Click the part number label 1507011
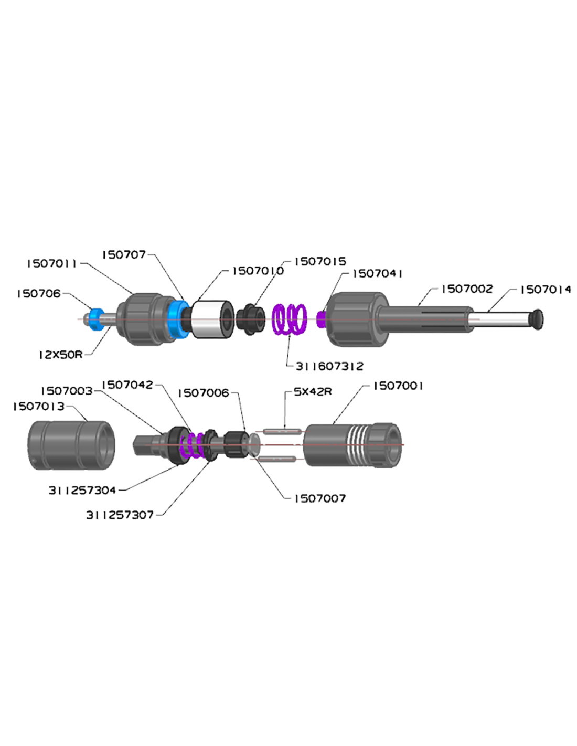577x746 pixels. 52,263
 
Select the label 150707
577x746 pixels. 124,255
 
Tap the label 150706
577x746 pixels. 39,293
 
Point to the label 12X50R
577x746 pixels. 60,355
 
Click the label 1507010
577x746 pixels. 258,271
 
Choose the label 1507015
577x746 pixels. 320,261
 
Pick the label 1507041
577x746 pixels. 377,274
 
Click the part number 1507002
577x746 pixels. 467,289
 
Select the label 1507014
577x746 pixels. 546,290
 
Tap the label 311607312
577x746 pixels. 329,366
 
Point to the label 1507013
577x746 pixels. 39,407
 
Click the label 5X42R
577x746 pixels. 313,392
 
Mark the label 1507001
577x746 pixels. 398,386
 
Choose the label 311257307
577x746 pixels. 120,515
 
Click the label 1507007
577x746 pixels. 320,498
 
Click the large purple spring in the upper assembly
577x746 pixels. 289,319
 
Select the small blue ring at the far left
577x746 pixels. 95,318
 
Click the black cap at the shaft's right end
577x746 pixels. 538,318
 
